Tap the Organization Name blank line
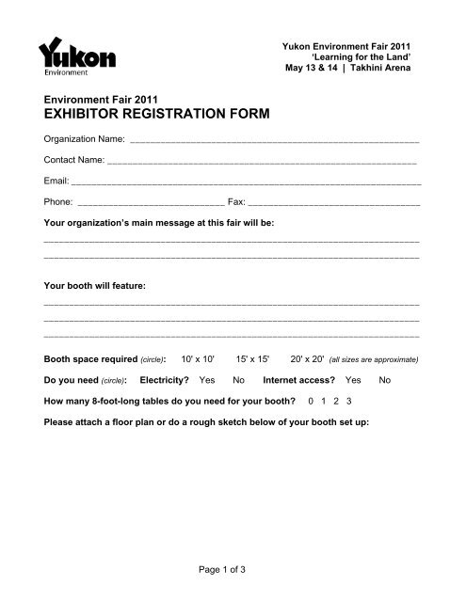point(274,139)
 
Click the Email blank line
point(246,181)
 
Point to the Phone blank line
point(151,201)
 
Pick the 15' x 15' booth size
point(253,359)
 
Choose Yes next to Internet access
point(353,380)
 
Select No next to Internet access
point(384,380)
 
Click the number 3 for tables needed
point(349,401)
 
